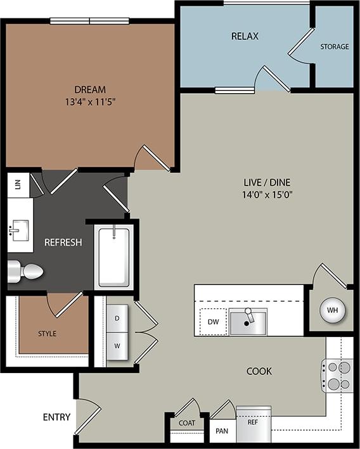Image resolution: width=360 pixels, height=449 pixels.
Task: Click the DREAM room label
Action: [x=89, y=89]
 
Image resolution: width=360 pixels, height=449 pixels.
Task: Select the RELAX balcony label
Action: [x=245, y=36]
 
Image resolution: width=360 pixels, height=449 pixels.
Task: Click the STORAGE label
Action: [x=334, y=47]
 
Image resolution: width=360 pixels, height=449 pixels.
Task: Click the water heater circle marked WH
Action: [x=332, y=310]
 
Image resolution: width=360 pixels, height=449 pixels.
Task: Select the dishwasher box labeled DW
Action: [x=213, y=322]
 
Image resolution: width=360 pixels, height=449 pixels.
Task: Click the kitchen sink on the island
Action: [x=248, y=321]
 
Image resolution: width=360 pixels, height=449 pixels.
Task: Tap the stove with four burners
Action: [x=338, y=375]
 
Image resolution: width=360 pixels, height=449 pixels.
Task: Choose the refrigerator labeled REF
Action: [x=253, y=422]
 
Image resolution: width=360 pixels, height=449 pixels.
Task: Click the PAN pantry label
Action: [x=222, y=431]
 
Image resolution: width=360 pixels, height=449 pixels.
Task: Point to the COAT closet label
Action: [x=187, y=423]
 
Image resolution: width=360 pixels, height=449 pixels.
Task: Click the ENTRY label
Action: [x=56, y=417]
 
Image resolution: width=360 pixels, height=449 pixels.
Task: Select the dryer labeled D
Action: [x=117, y=318]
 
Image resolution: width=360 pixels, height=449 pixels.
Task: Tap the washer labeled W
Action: [x=117, y=346]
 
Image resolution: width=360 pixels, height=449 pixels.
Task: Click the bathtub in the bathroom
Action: [x=114, y=256]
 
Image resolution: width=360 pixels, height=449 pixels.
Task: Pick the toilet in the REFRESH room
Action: [x=27, y=272]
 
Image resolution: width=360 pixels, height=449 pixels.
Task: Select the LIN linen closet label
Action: [x=18, y=184]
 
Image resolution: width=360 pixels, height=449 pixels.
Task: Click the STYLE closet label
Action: [x=47, y=333]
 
